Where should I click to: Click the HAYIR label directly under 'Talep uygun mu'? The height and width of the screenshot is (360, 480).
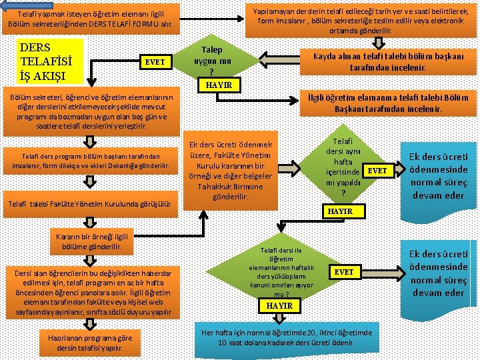pyautogui.click(x=219, y=85)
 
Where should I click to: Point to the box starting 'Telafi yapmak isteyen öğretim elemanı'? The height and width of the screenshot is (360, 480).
pyautogui.click(x=91, y=21)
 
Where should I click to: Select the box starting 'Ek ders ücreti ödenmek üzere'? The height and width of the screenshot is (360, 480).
pyautogui.click(x=231, y=171)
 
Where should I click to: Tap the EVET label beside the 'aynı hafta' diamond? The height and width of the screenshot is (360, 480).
pyautogui.click(x=377, y=171)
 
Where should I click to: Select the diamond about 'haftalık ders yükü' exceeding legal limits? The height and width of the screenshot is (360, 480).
pyautogui.click(x=279, y=271)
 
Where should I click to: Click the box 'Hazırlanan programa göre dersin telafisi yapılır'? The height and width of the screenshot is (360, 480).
pyautogui.click(x=89, y=342)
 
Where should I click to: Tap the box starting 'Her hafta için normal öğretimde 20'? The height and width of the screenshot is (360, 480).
pyautogui.click(x=287, y=337)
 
